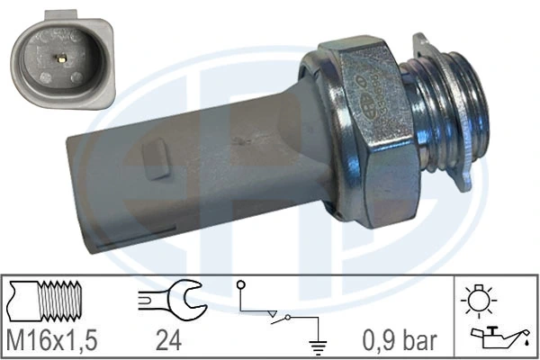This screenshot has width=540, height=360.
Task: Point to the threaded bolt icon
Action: (x=49, y=300)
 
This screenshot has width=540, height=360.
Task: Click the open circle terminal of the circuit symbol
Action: (x=242, y=285)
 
